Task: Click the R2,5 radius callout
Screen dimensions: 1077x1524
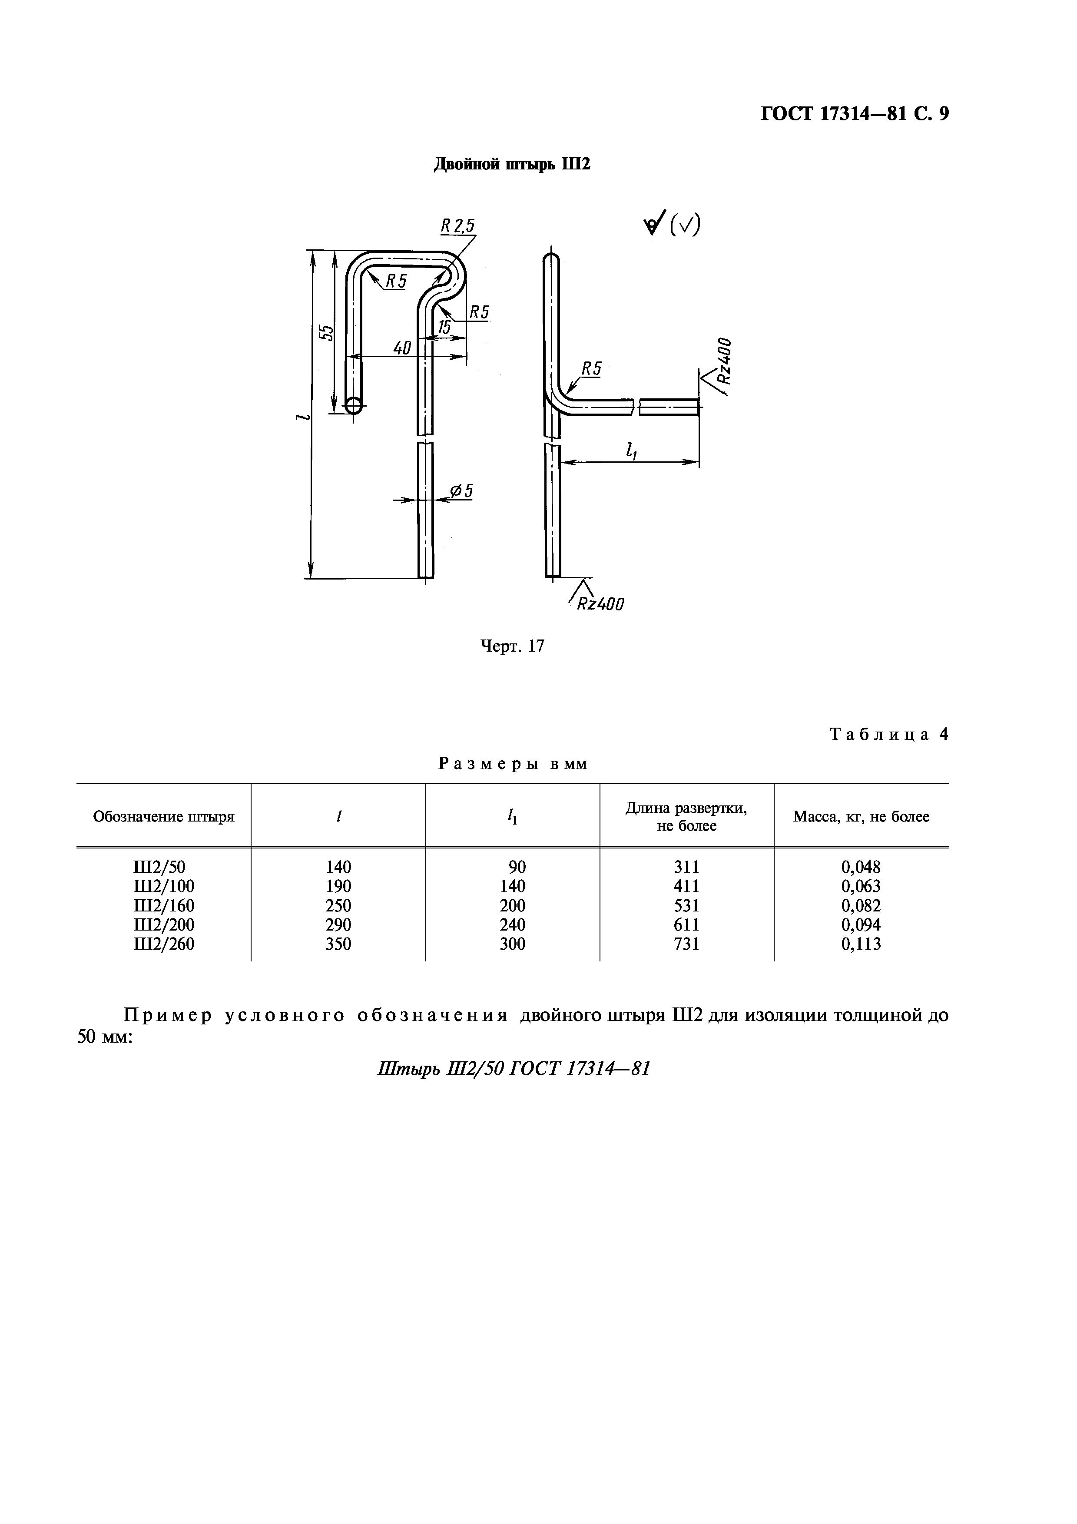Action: coord(458,226)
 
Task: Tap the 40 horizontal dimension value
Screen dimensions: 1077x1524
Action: coord(402,348)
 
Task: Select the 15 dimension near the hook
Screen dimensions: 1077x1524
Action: coord(443,327)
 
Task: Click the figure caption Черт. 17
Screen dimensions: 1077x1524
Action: coord(512,646)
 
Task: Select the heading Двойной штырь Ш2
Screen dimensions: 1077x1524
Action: coord(512,164)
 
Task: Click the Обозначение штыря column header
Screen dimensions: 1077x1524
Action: coord(164,816)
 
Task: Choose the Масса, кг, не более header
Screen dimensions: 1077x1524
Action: coord(862,816)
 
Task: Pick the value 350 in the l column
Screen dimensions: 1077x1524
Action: coord(338,944)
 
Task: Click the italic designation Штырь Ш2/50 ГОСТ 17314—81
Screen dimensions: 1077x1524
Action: coord(513,1069)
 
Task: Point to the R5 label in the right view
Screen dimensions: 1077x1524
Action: coord(591,369)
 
